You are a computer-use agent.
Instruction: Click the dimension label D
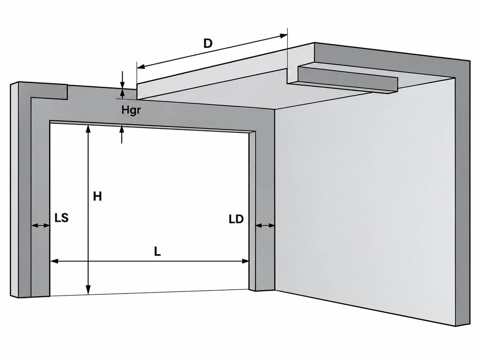coord(208,43)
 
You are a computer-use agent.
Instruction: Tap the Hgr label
coord(131,110)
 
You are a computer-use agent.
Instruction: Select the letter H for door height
coord(97,196)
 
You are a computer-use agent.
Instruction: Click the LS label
coord(61,218)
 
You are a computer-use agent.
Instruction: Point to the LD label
coord(236,219)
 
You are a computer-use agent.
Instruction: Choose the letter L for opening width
coord(157,252)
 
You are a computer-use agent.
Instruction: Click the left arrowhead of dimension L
coord(54,261)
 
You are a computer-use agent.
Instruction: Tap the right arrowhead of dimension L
coord(246,261)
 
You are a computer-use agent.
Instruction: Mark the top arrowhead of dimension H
coord(88,129)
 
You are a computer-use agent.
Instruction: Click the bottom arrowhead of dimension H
coord(88,290)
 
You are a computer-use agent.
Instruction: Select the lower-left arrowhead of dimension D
coord(141,66)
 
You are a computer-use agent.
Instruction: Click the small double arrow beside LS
coord(40,225)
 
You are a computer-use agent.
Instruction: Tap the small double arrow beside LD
coord(265,225)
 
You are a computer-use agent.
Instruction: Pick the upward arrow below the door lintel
coord(122,135)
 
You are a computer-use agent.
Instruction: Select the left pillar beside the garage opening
coord(40,197)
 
